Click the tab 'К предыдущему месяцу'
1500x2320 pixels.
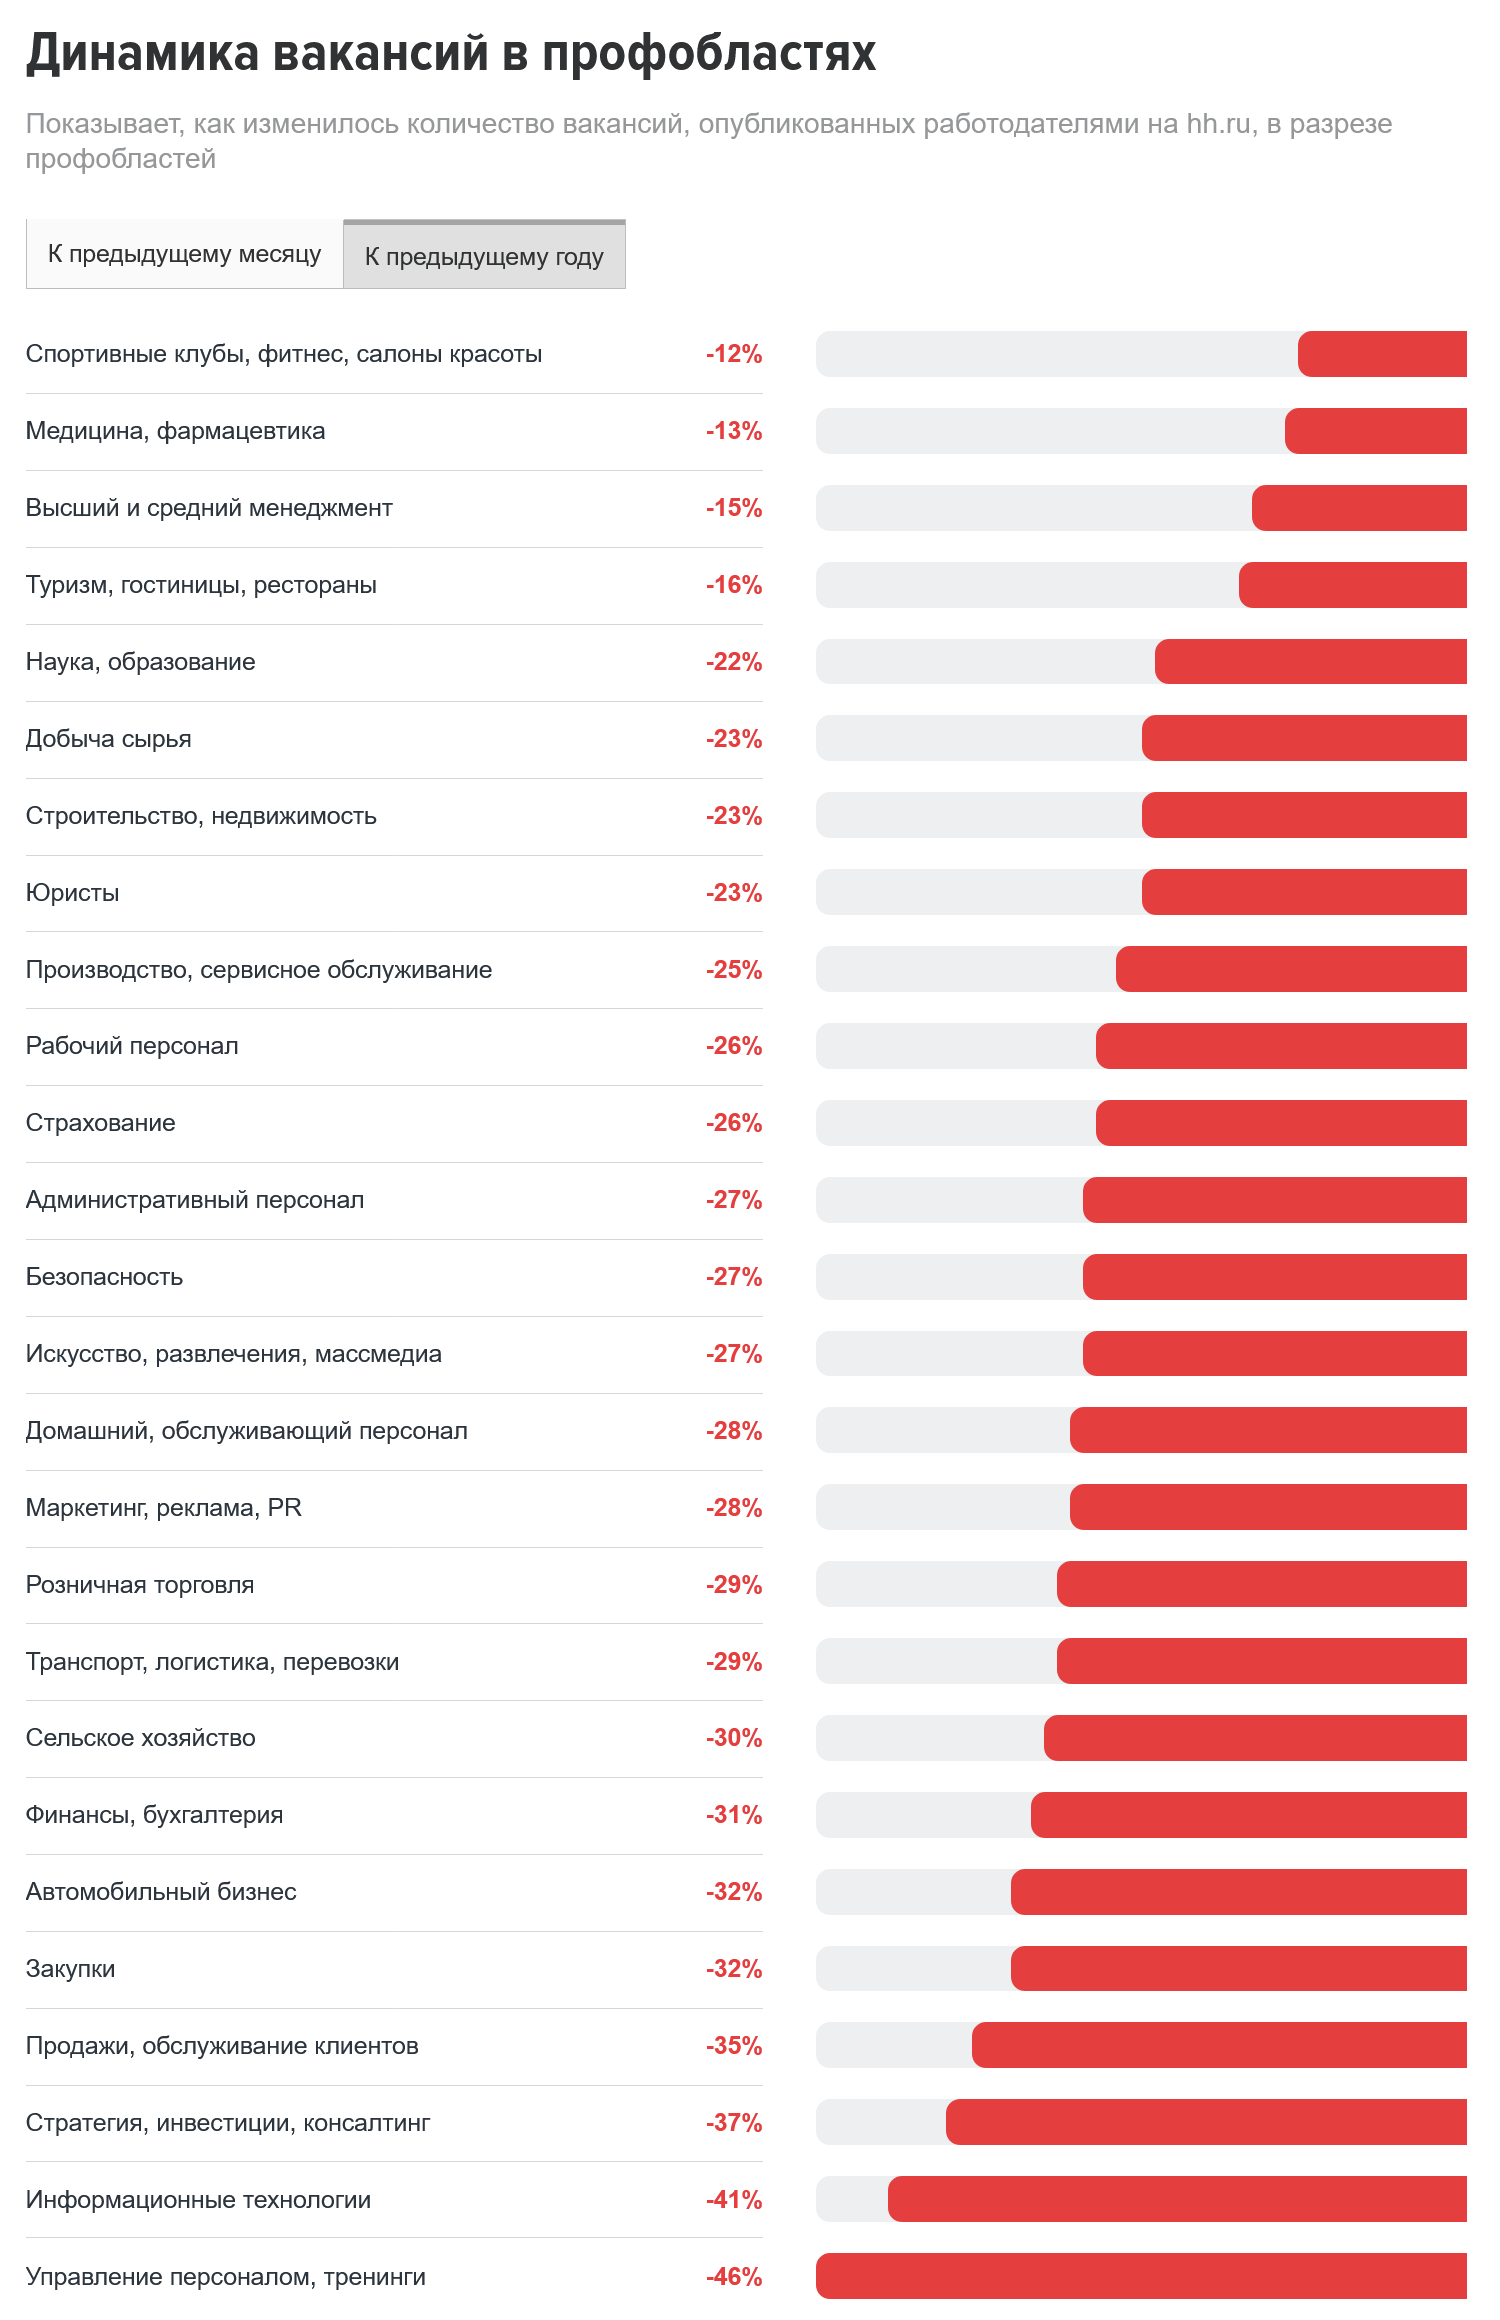(184, 254)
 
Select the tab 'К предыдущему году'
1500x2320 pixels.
(484, 256)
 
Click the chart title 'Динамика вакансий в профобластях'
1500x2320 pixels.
(450, 53)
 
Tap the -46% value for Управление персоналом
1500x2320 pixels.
(734, 2277)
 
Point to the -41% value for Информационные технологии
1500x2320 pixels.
(734, 2200)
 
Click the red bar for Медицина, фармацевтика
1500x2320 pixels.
(1376, 431)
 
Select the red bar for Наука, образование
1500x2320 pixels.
(1311, 662)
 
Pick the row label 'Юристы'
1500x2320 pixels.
(72, 893)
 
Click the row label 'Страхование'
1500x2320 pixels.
(100, 1123)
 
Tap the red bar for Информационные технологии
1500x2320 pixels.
(1177, 2200)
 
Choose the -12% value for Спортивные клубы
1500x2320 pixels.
(734, 354)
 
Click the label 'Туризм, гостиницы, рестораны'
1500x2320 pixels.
(201, 585)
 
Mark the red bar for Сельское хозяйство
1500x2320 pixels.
(1255, 1738)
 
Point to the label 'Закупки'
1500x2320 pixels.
(70, 1969)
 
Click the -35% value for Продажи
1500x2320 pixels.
(734, 2046)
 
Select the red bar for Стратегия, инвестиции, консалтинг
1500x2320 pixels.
(1206, 2123)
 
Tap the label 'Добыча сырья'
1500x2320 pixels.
(108, 739)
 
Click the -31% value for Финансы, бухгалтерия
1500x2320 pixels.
(734, 1815)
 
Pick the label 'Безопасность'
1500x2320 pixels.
(104, 1277)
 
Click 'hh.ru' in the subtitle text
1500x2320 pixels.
(1218, 124)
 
